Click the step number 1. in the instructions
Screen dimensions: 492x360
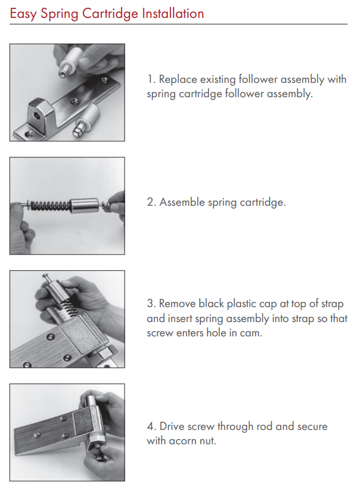(151, 79)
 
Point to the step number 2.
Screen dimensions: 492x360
(151, 202)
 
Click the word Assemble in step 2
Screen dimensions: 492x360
(182, 202)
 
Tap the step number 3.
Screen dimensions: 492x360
(151, 304)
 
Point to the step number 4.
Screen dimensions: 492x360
(151, 426)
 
